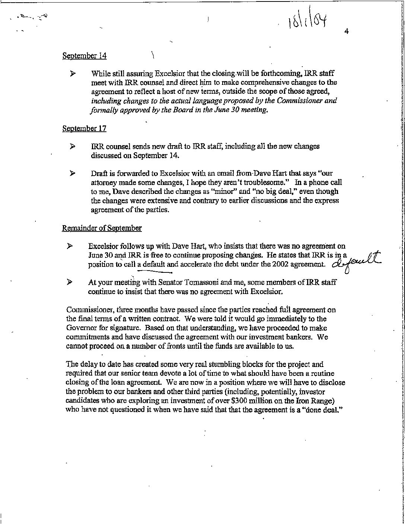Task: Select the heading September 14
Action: point(89,56)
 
